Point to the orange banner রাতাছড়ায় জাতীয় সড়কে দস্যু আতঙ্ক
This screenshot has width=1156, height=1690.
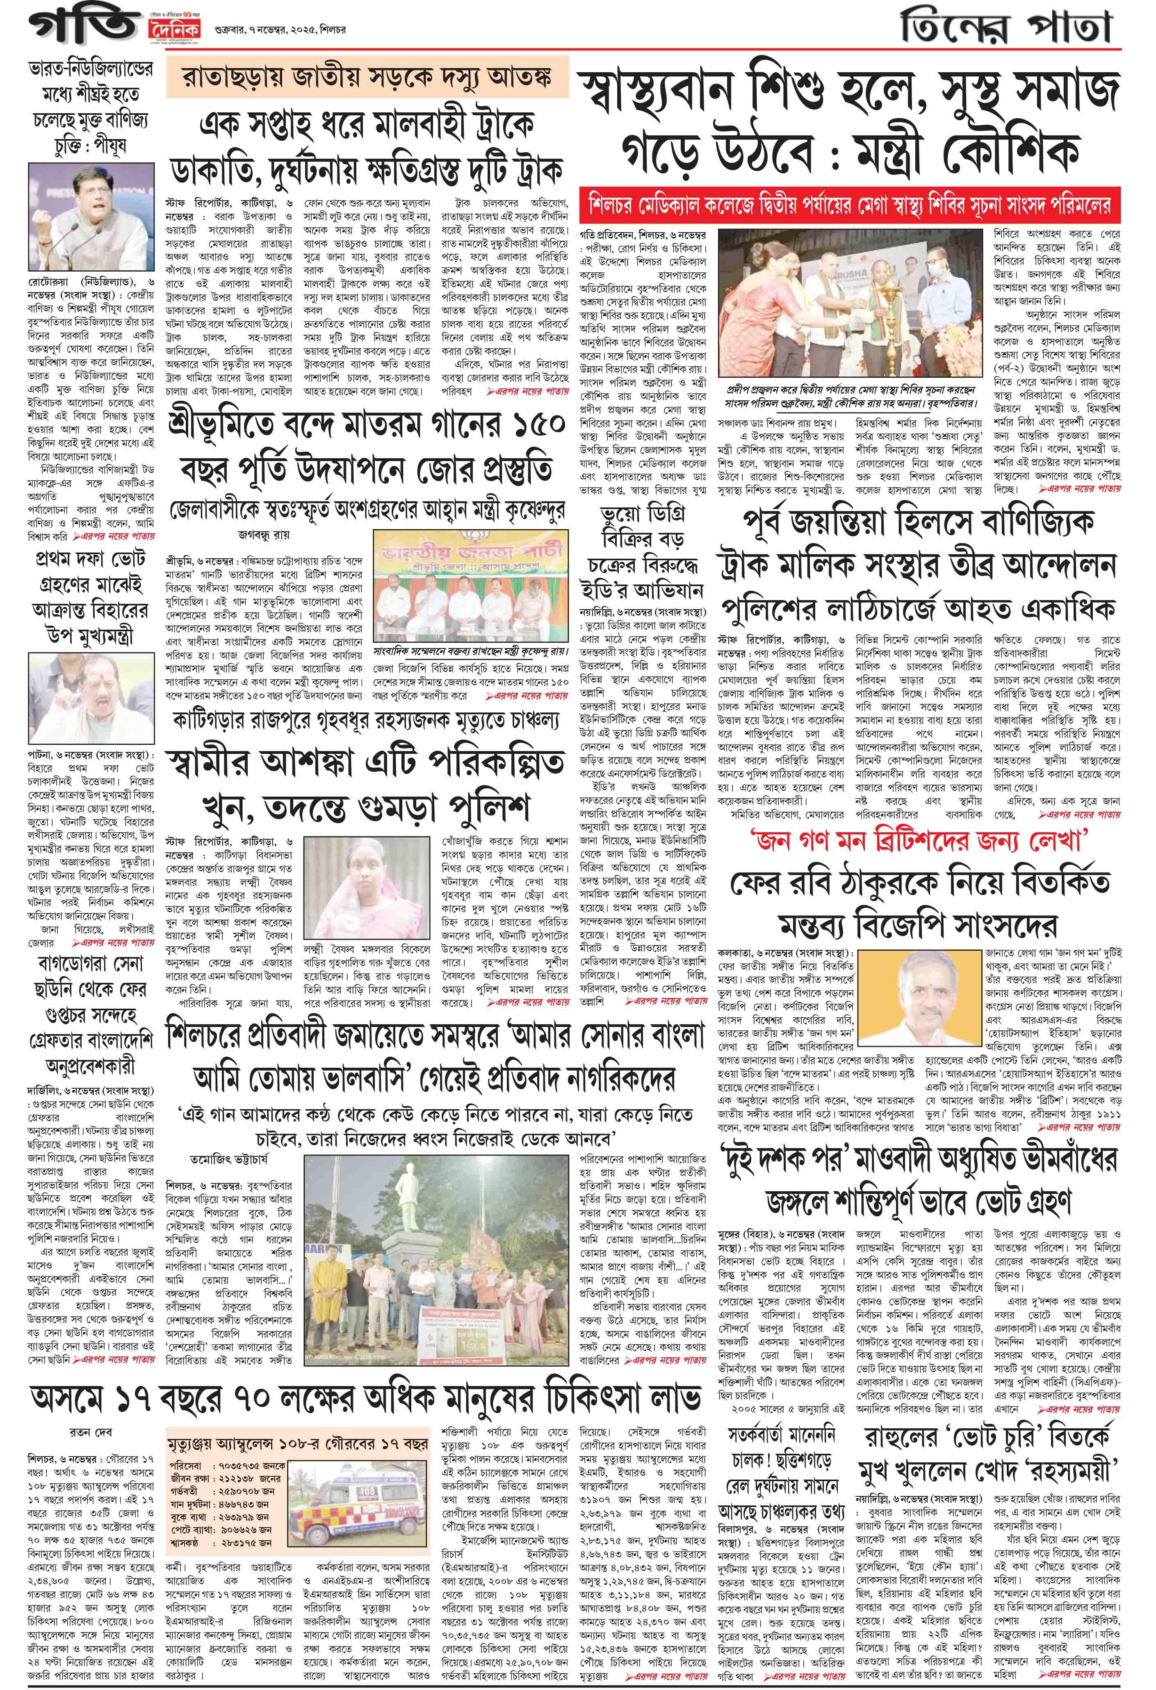(x=367, y=78)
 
